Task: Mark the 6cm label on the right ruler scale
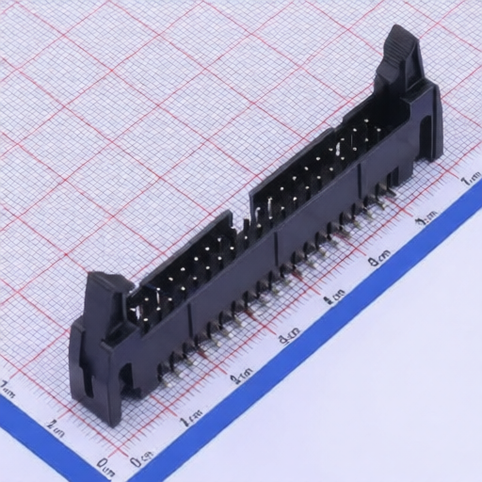coord(426,219)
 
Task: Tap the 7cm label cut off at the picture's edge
coord(470,179)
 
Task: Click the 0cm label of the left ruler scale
coord(106,462)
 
